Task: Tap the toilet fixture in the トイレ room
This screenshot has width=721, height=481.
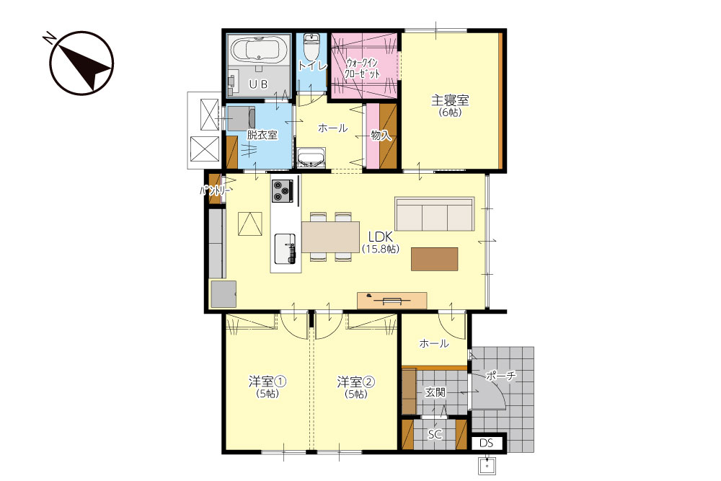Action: tap(311, 46)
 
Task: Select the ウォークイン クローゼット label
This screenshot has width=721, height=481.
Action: tap(363, 68)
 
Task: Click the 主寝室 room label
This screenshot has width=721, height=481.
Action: tap(450, 100)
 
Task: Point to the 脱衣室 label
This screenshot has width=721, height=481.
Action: tap(262, 135)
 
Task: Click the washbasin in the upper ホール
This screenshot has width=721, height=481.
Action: tap(311, 157)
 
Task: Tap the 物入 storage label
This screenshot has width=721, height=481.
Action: tap(381, 135)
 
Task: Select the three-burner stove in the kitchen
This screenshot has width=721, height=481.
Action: tap(283, 190)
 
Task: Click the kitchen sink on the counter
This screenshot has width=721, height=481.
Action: tap(285, 249)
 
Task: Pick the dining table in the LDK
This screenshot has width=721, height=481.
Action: tap(331, 237)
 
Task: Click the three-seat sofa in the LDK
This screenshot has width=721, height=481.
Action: tap(435, 214)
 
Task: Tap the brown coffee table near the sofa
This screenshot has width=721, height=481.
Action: tap(435, 259)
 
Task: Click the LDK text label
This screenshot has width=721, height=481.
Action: tap(380, 237)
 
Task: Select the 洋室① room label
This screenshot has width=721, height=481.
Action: tap(267, 381)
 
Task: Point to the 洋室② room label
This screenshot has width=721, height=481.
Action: tap(356, 381)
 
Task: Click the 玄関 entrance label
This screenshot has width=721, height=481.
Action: tap(435, 392)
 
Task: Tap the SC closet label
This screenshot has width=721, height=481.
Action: tap(435, 434)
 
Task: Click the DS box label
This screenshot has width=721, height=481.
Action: tap(487, 443)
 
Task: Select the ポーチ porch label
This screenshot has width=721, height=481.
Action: tap(501, 376)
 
